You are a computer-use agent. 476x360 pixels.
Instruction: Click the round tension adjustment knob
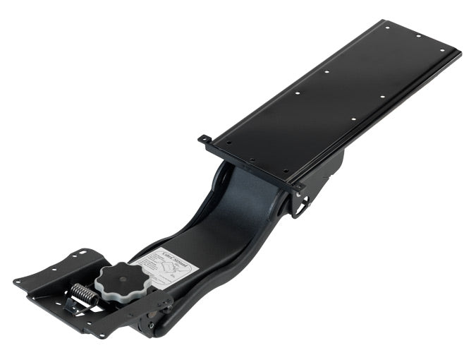[x=124, y=280]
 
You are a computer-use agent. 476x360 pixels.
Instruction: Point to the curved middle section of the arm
[x=233, y=212]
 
